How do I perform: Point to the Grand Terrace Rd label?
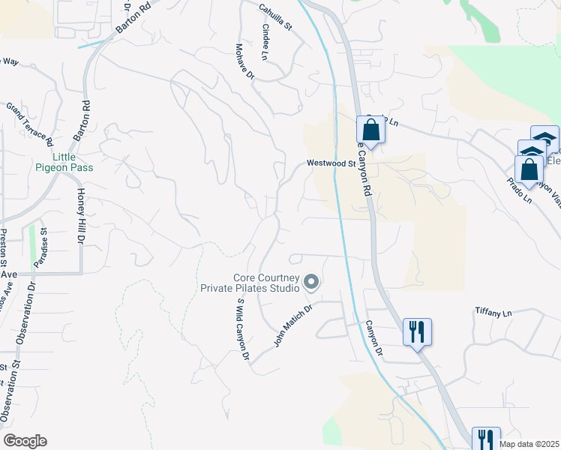[30, 124]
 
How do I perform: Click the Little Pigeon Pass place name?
[64, 163]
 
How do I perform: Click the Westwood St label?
[330, 163]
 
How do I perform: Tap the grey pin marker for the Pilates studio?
[310, 283]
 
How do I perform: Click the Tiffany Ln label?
[493, 311]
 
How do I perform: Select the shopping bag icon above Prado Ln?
[529, 169]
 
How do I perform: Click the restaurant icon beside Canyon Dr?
[417, 331]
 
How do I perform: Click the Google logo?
[25, 441]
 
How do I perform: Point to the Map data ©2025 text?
[529, 444]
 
